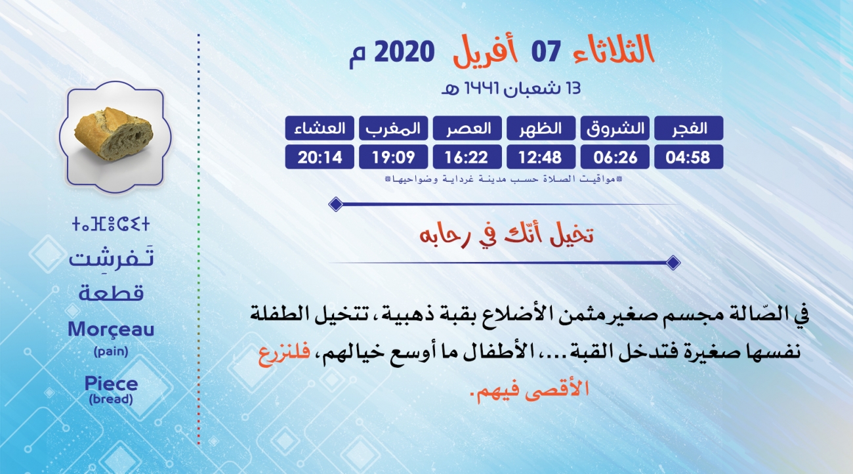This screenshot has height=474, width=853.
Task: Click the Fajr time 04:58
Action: [x=688, y=157]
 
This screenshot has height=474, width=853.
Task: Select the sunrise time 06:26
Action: [x=615, y=157]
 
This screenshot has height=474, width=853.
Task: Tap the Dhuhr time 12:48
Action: [x=541, y=157]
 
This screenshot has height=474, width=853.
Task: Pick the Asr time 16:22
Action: [x=467, y=157]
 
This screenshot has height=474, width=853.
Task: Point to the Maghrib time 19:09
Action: [x=394, y=157]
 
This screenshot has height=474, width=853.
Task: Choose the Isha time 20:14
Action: [x=320, y=157]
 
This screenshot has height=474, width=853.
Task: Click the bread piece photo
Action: [x=114, y=134]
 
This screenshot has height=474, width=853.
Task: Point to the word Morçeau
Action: [x=111, y=330]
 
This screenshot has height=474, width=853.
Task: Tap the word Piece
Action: [x=111, y=383]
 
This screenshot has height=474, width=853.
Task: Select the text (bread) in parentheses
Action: [x=111, y=399]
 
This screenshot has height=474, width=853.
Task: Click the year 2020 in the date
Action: [x=404, y=52]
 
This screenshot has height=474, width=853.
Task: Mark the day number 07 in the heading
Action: [x=546, y=52]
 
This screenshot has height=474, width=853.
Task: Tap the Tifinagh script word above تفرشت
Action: [x=111, y=224]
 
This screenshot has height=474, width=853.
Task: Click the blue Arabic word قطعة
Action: [x=111, y=293]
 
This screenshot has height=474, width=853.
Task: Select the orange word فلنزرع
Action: [x=284, y=355]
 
